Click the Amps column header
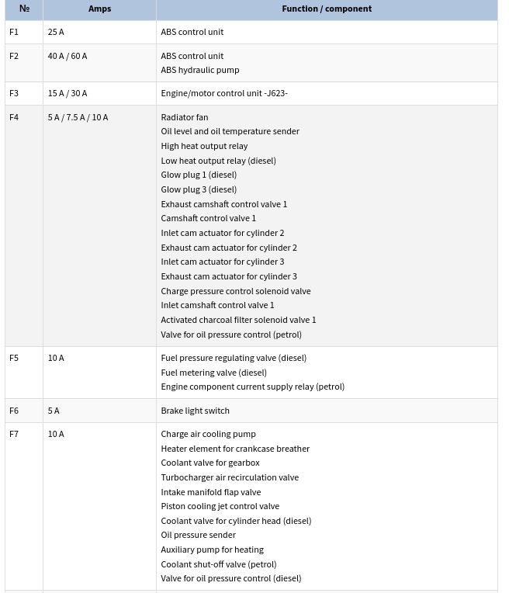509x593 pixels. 99,9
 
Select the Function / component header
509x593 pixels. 326,9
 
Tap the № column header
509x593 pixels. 24,9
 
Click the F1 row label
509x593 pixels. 14,32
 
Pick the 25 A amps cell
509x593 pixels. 56,32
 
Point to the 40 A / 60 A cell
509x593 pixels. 68,56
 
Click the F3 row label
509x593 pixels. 14,93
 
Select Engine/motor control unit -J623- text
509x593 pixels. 224,93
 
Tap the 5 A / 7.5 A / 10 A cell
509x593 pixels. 78,117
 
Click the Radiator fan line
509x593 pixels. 185,117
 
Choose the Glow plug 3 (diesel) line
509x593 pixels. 199,189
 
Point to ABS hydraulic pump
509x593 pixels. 200,70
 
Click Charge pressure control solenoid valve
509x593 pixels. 236,291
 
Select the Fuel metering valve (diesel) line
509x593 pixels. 214,373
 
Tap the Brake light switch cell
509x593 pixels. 196,411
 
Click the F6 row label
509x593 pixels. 14,411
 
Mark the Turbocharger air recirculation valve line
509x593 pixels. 230,477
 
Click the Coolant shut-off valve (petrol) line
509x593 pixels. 219,564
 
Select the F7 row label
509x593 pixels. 14,434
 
